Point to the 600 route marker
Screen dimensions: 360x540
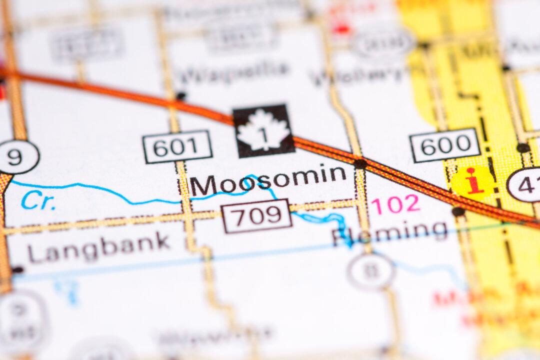445,145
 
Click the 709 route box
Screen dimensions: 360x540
256,216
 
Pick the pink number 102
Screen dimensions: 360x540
395,204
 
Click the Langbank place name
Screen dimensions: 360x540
98,247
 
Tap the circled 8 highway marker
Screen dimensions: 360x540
371,271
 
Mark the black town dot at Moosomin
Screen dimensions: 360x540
359,163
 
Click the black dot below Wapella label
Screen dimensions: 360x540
180,95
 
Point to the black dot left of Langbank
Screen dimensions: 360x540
17,270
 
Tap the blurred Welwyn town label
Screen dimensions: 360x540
357,75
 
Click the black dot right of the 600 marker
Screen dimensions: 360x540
523,147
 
